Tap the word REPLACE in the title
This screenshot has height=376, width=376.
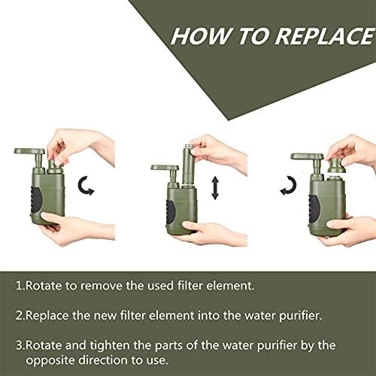pyautogui.click(x=324, y=36)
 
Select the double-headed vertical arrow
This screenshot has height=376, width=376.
pyautogui.click(x=215, y=188)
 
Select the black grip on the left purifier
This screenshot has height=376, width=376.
pyautogui.click(x=36, y=200)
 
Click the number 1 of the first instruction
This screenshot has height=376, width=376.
pyautogui.click(x=19, y=286)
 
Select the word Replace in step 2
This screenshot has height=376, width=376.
pyautogui.click(x=47, y=316)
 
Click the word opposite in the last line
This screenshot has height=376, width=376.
pyautogui.click(x=50, y=361)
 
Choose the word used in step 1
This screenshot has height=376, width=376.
pyautogui.click(x=160, y=286)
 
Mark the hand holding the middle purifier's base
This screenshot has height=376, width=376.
pyautogui.click(x=213, y=233)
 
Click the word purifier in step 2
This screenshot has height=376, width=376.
pyautogui.click(x=301, y=316)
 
